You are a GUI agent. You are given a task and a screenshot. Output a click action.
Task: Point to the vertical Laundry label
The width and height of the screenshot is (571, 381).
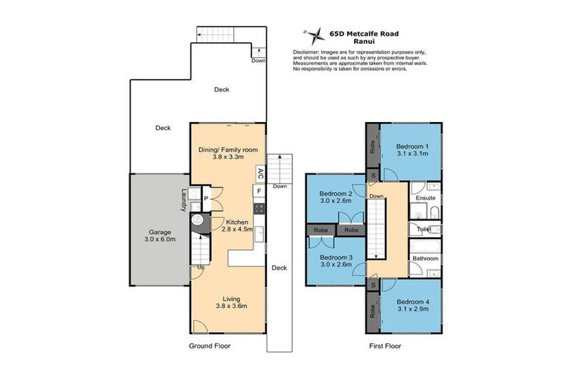(183, 201)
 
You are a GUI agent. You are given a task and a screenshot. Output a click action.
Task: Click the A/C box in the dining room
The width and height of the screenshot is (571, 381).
(259, 173)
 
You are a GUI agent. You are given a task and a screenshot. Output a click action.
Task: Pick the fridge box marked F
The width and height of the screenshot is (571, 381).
(259, 191)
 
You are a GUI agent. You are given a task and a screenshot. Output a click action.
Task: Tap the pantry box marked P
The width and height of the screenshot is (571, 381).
(206, 198)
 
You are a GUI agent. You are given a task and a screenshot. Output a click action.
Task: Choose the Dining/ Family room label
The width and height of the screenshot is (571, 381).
(227, 153)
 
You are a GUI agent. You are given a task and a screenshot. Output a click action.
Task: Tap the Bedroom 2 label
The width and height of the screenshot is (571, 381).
(335, 196)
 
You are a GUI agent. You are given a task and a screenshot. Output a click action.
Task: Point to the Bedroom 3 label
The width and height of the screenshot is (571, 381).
(335, 260)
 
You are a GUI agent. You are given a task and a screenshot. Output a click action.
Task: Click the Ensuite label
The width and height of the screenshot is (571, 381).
(425, 199)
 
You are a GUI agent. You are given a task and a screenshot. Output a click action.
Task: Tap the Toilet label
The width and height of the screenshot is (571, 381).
(425, 229)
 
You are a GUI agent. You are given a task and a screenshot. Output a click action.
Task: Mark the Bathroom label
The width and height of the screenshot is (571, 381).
(426, 259)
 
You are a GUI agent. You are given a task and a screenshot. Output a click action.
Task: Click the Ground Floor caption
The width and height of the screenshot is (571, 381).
(210, 346)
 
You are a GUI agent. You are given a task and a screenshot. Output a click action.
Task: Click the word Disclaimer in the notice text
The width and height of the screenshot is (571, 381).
(308, 52)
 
